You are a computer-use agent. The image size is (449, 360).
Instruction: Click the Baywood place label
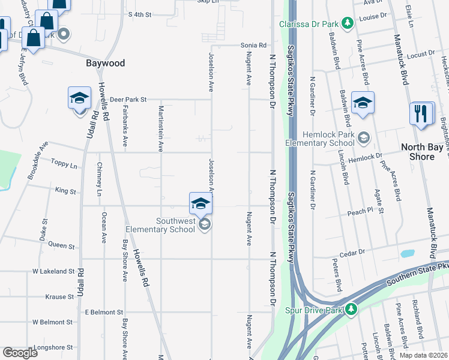coord(105,63)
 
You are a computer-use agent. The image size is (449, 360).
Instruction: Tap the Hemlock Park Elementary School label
coord(319,139)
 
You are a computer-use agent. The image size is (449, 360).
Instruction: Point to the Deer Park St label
coord(128,100)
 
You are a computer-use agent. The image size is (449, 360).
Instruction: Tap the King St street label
coord(65,191)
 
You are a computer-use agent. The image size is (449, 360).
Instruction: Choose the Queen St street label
coord(61,245)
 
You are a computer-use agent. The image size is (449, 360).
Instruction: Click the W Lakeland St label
coord(53,271)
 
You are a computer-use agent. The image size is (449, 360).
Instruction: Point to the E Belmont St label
coord(104,312)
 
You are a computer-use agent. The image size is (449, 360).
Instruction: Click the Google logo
coord(20,353)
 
